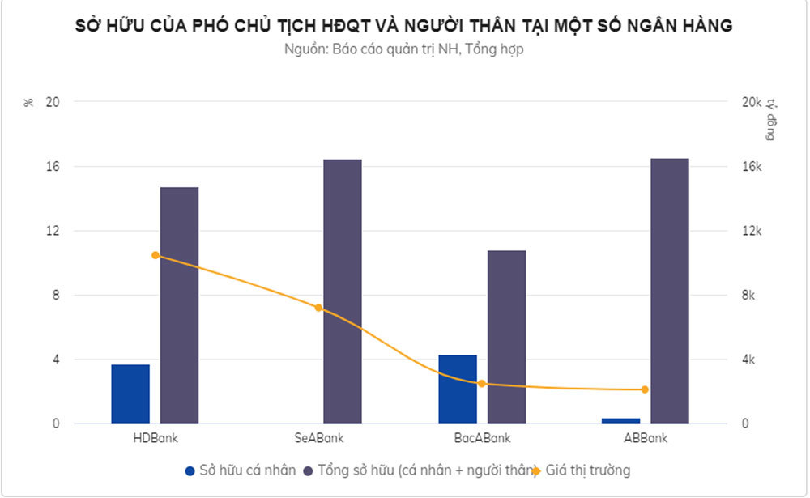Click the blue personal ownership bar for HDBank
130,394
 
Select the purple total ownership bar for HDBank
179,305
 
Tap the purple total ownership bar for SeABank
343,292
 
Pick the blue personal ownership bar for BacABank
458,389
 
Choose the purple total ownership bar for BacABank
506,337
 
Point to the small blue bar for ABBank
621,420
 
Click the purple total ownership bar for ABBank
670,291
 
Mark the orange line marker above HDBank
156,255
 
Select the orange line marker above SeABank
318,308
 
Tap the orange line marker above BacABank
482,384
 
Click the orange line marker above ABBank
646,389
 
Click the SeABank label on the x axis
319,438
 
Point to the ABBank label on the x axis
646,438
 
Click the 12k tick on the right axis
752,231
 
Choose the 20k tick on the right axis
752,102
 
